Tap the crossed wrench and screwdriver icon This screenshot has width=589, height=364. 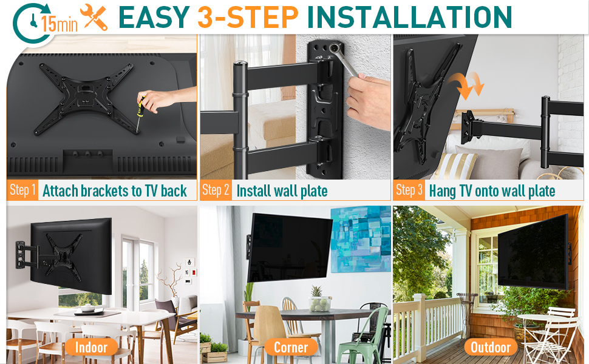pyautogui.click(x=94, y=17)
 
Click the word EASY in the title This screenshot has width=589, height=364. pyautogui.click(x=154, y=18)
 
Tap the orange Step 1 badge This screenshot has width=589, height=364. pyautogui.click(x=23, y=190)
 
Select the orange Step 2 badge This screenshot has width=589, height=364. pyautogui.click(x=216, y=190)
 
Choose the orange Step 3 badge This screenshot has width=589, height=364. pyautogui.click(x=409, y=190)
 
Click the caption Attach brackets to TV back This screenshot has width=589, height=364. pyautogui.click(x=115, y=191)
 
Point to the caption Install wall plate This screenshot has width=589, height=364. pyautogui.click(x=282, y=191)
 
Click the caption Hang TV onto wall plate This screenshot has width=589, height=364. pyautogui.click(x=492, y=191)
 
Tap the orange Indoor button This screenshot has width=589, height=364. pyautogui.click(x=91, y=347)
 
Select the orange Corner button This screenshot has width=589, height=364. pyautogui.click(x=291, y=347)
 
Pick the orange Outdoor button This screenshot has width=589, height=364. pyautogui.click(x=491, y=347)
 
